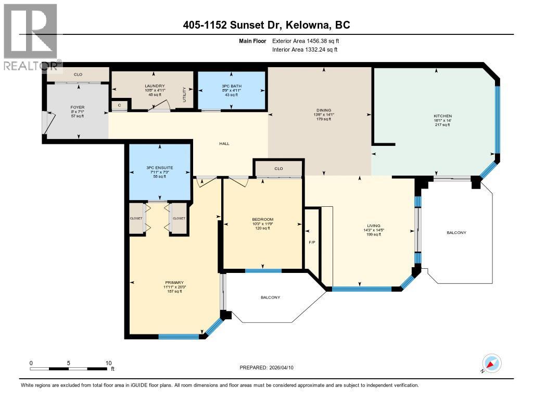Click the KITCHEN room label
point(443,116)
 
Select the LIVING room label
point(374,226)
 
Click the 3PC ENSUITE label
point(159,167)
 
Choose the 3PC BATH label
point(230,85)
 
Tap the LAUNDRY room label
point(155,86)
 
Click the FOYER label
point(78,107)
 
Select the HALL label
point(224,144)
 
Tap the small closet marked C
point(119,105)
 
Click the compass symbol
point(491,363)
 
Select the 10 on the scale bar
point(108,363)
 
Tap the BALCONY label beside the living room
point(456,232)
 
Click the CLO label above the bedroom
point(278,168)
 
